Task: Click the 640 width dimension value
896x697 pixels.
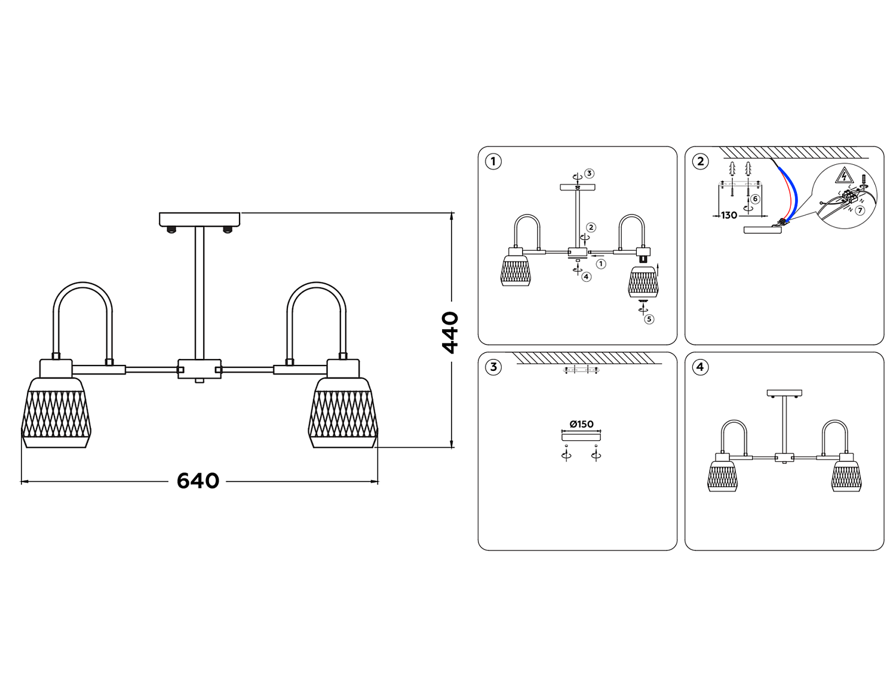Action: click(x=198, y=481)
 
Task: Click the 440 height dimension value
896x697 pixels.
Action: click(x=449, y=332)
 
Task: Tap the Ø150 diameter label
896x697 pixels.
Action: click(x=581, y=424)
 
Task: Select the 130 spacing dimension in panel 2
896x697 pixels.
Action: click(x=729, y=216)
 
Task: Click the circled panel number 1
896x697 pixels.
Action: click(x=493, y=161)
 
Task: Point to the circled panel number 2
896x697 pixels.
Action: click(x=701, y=161)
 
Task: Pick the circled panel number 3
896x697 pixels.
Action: click(x=493, y=367)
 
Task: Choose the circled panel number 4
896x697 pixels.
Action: click(x=701, y=367)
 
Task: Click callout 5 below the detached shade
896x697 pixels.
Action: click(x=649, y=319)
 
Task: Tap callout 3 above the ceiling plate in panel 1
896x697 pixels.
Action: click(x=589, y=174)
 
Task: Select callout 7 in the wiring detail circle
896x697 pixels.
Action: click(x=860, y=211)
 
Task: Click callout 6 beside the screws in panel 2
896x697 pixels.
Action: click(x=755, y=199)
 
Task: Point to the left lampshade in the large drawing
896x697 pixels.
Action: click(x=56, y=412)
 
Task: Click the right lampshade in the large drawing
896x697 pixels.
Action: click(x=343, y=412)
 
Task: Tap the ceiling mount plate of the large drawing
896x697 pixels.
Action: click(x=200, y=219)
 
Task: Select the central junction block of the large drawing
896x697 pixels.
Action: click(x=200, y=369)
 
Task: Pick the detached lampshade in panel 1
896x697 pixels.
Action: click(x=643, y=282)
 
